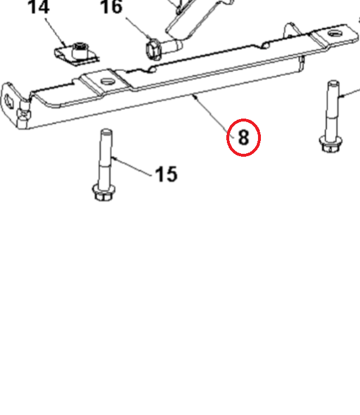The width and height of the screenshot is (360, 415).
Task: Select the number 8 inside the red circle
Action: coord(243,137)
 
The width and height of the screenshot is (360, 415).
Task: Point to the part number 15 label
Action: coord(166,174)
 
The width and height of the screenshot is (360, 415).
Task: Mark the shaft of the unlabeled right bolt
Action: coord(332,109)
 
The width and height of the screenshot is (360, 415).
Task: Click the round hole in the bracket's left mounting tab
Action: coord(106,81)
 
